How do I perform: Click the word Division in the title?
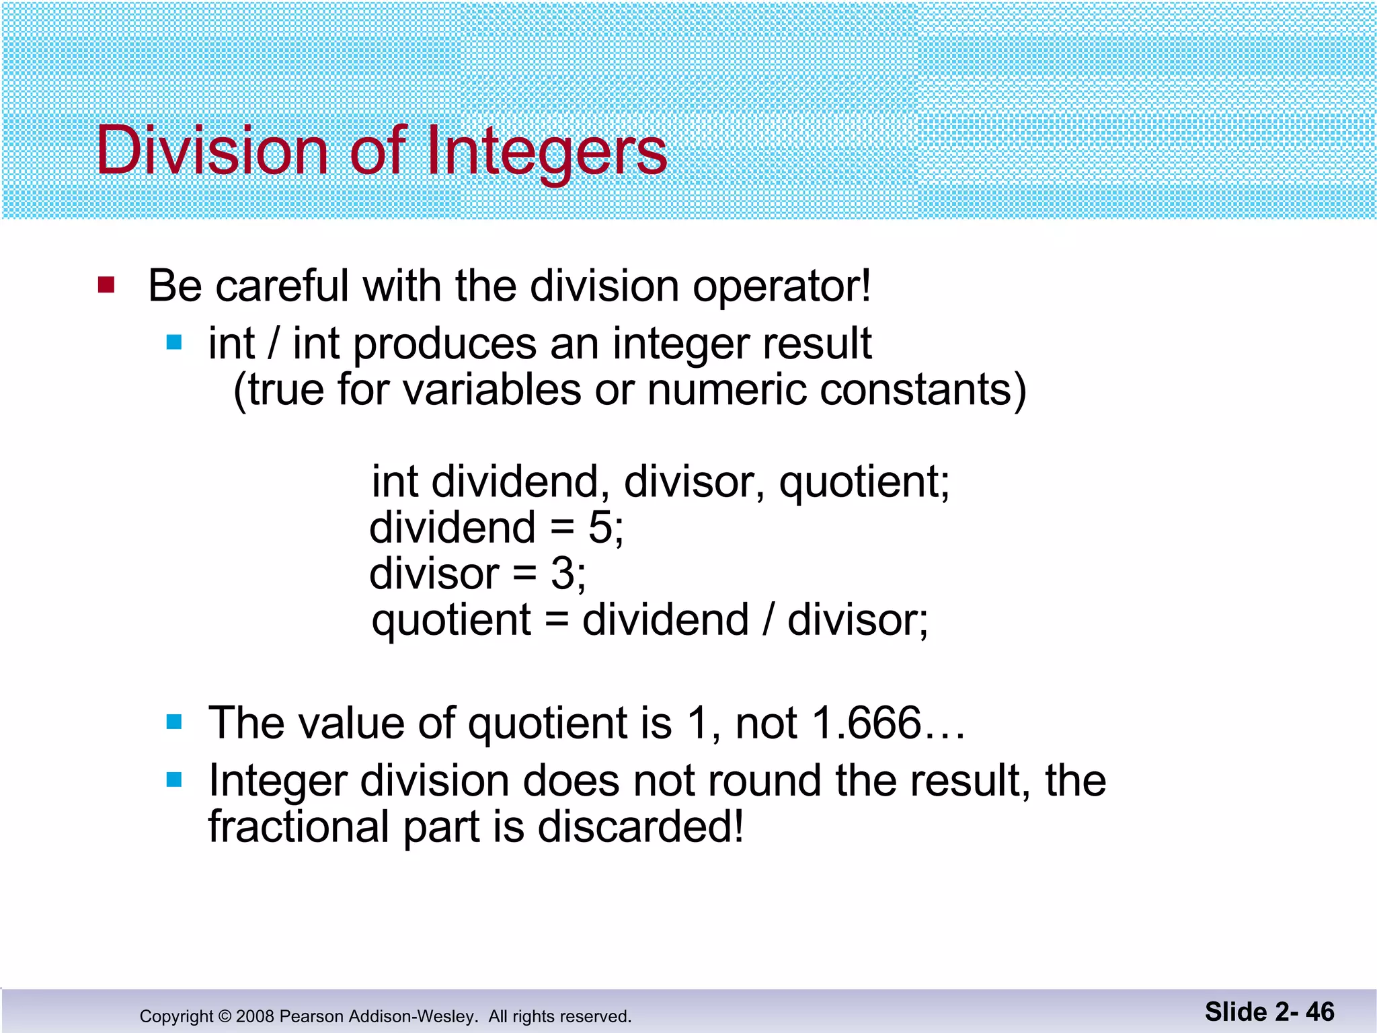click(212, 151)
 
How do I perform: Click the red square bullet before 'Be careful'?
click(106, 285)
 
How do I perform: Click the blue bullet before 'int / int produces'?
click(174, 343)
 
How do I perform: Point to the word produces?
click(444, 344)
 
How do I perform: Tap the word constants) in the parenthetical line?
click(922, 390)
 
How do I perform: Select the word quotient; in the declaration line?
click(864, 483)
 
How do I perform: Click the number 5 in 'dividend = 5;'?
click(600, 527)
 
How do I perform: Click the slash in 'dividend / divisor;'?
click(767, 619)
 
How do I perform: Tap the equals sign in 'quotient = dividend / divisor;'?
click(557, 620)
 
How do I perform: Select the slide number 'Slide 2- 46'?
click(1269, 1012)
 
